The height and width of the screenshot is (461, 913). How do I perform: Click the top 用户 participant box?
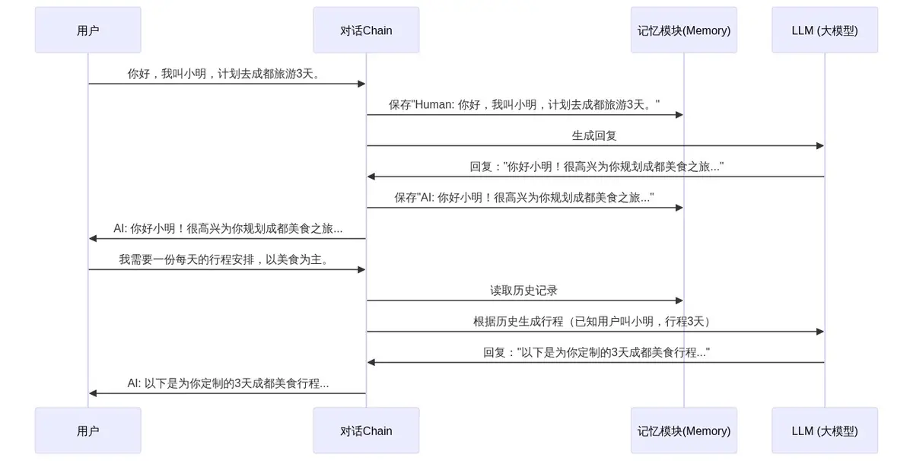(88, 30)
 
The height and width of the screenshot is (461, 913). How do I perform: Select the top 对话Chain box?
(366, 30)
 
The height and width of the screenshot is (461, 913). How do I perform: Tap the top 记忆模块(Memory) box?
(684, 30)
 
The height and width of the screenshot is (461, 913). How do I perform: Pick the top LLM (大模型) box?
(825, 30)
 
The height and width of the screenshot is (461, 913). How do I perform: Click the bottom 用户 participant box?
(88, 431)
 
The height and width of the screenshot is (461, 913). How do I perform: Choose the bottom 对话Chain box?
(366, 431)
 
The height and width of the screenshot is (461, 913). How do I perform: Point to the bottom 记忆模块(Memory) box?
(684, 431)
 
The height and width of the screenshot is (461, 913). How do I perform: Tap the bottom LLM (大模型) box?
(825, 431)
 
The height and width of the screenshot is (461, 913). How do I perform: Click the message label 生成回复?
(594, 135)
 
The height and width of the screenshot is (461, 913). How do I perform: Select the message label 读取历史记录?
(523, 291)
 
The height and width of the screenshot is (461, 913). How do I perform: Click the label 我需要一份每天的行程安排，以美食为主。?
(225, 259)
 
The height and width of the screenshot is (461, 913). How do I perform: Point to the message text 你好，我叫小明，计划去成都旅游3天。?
(225, 74)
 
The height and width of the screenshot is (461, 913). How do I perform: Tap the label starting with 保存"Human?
(524, 105)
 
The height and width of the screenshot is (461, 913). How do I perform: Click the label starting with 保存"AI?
(524, 198)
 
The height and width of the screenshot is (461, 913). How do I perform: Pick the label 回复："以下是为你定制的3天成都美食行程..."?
(596, 352)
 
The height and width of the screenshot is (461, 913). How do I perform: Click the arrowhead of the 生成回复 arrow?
(820, 146)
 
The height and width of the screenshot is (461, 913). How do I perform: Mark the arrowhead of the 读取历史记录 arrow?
(679, 300)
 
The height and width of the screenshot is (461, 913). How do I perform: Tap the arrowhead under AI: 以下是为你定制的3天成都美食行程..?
(93, 393)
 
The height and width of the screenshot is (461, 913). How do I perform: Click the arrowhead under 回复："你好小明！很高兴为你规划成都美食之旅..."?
(371, 176)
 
